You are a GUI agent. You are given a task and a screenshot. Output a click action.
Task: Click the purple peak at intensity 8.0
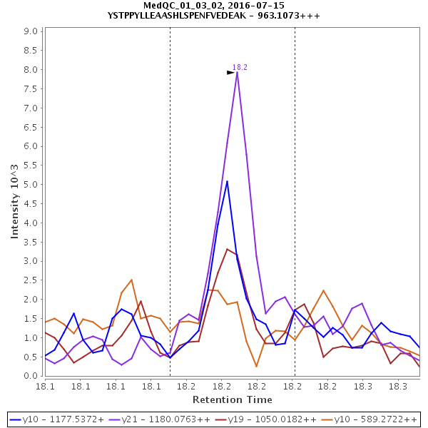237,71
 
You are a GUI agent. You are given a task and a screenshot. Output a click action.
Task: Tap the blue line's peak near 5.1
227,180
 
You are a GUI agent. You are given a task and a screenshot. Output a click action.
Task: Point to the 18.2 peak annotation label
240,67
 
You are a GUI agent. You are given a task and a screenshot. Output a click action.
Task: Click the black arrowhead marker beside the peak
230,72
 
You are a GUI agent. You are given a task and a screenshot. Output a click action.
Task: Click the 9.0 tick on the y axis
31,31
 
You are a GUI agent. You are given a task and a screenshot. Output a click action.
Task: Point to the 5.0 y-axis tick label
31,185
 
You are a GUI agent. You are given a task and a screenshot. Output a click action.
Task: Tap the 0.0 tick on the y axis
31,376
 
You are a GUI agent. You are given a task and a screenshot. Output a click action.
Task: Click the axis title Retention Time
232,399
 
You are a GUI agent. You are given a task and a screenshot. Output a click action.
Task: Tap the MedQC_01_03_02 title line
214,5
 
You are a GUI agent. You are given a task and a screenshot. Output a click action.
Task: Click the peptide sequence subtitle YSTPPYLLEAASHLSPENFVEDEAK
214,14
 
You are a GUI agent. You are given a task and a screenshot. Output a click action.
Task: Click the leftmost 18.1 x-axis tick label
46,386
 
